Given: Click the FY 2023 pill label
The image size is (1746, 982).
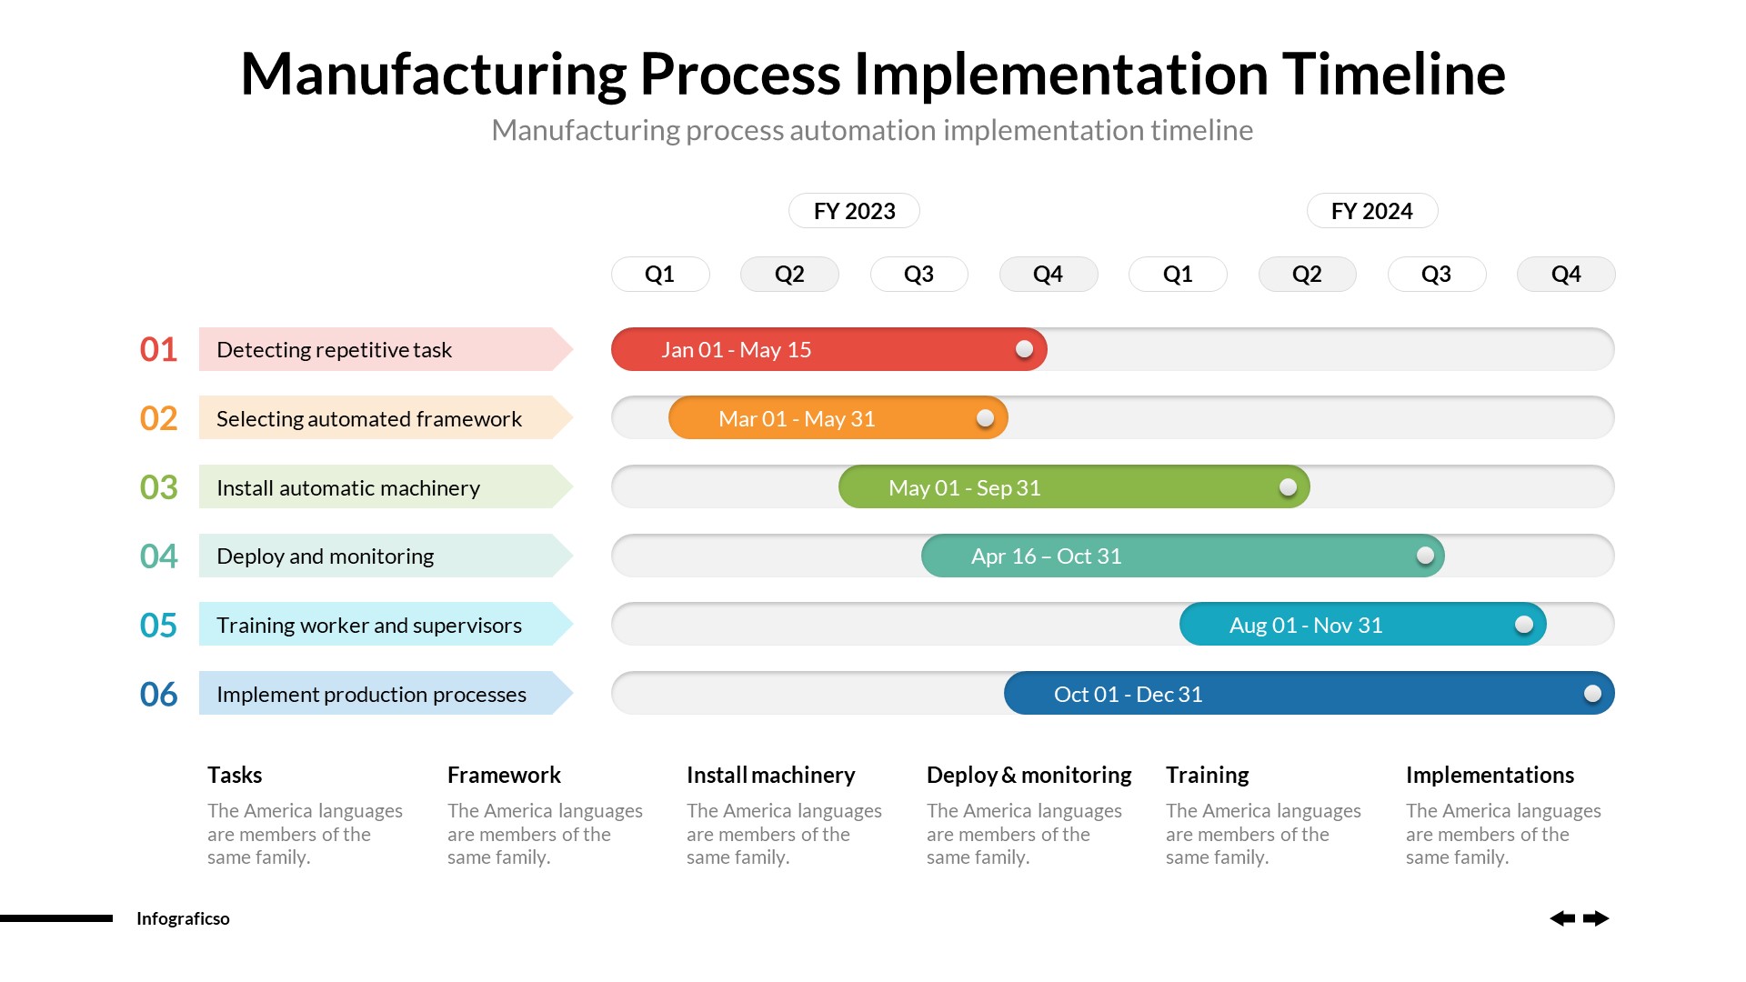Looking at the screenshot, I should (x=854, y=211).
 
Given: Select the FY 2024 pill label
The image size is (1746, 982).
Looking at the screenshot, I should (x=1371, y=211).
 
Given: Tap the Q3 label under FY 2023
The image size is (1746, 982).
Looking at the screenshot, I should (x=918, y=274).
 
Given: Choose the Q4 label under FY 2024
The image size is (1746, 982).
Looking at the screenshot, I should (x=1565, y=274).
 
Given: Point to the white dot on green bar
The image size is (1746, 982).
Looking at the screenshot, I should (x=1288, y=487).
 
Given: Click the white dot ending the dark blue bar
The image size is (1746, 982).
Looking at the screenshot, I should (x=1592, y=694).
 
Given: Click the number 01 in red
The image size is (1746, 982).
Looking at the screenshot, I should (x=158, y=349).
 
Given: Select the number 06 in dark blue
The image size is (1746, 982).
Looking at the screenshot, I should (x=158, y=695).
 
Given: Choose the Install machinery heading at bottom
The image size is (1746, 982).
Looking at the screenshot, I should (x=770, y=775).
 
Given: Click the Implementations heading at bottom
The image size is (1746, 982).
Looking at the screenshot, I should (x=1489, y=775).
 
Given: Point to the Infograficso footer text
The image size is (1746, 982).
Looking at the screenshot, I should (x=183, y=918).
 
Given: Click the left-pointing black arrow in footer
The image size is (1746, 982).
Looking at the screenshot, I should (x=1561, y=918).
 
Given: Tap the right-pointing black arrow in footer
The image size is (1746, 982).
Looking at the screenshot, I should (x=1596, y=918).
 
